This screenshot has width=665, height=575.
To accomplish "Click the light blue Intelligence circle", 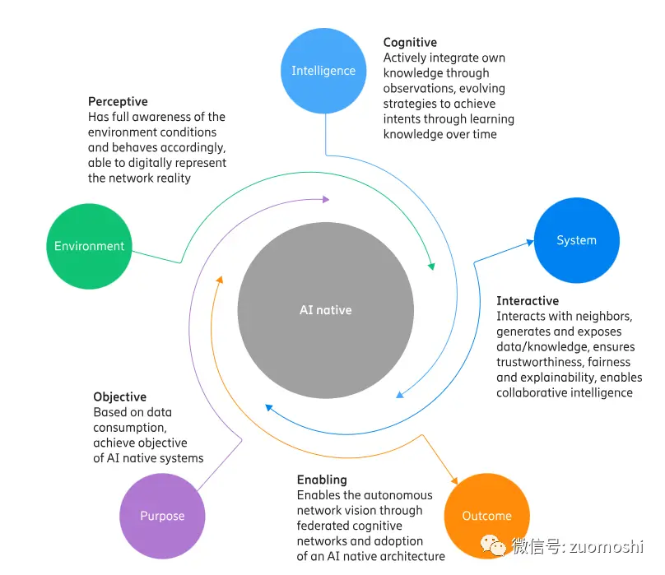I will point(323,71).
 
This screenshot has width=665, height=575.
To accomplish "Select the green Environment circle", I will point(89,246).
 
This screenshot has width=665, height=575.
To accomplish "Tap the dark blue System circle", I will point(576,240).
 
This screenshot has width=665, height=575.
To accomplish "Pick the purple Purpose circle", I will point(162,516).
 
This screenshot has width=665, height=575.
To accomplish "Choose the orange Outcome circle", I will point(486,516).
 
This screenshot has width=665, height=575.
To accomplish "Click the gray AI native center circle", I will point(325,310).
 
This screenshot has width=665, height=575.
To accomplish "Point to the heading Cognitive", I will point(410,43).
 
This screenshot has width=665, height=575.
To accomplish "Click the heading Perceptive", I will point(118,102).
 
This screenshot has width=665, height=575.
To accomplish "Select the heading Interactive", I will point(528,301).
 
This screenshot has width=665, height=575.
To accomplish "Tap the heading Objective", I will point(119,396).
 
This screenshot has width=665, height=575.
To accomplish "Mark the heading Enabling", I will point(322,480).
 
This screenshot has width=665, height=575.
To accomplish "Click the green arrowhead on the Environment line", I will point(430,266).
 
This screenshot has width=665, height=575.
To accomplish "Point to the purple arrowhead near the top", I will point(325,199).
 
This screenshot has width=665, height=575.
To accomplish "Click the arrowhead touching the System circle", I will point(530,243).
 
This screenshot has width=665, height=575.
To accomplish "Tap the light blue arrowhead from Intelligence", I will point(400,395).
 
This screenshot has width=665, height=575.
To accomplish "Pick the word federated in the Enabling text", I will point(323,526).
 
